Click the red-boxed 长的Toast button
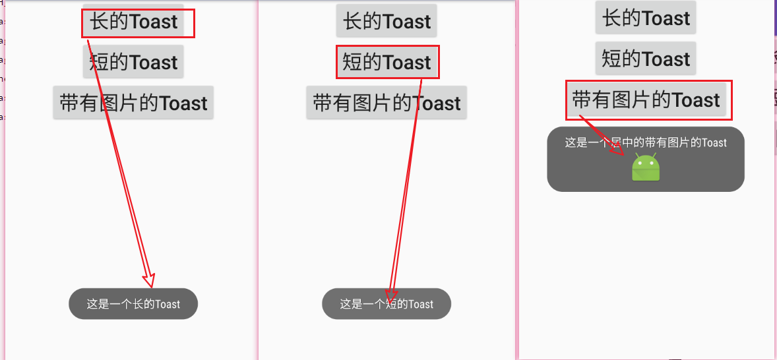[134, 22]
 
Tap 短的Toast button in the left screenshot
[133, 63]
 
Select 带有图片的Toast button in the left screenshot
[133, 104]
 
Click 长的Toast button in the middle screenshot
[387, 22]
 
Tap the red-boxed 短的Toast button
[387, 63]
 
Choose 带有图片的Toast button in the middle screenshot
[387, 104]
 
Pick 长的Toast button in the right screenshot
[646, 18]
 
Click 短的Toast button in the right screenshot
[646, 59]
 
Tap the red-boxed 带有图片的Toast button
[646, 100]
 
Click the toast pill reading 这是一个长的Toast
[133, 304]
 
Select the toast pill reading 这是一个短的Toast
[387, 304]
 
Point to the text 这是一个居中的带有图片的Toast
[646, 142]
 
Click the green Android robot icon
[646, 167]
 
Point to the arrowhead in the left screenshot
[149, 280]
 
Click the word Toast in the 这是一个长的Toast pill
[168, 304]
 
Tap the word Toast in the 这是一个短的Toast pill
[421, 304]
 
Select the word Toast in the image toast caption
[714, 142]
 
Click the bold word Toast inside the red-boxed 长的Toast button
[154, 22]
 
